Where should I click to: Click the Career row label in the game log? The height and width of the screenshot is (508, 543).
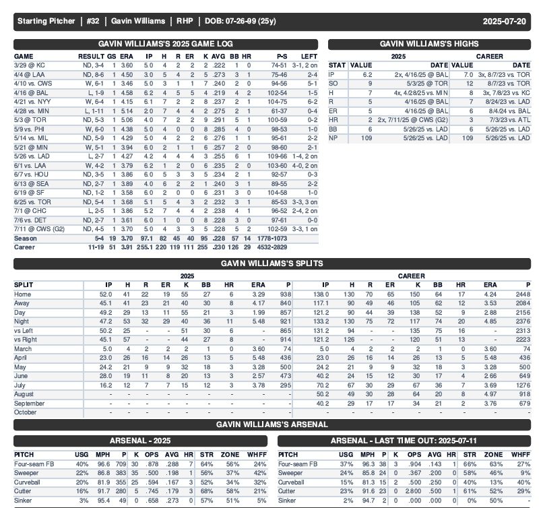(x=25, y=247)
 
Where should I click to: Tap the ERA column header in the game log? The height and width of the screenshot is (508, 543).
(x=127, y=56)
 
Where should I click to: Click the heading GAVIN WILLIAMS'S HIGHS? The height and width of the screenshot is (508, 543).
(x=429, y=43)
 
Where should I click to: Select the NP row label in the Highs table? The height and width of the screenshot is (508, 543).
(x=333, y=138)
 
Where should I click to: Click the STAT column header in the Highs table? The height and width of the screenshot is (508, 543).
(x=337, y=65)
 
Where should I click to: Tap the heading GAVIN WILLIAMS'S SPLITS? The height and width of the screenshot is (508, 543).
(x=272, y=263)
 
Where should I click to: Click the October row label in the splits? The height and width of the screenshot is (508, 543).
(x=26, y=412)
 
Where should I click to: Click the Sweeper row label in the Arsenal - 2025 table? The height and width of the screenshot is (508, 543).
(x=28, y=473)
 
